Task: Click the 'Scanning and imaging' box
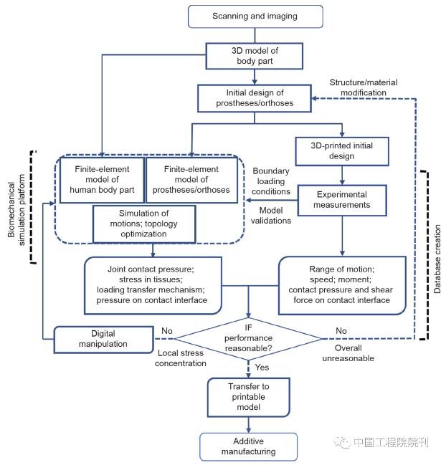pyautogui.click(x=255, y=16)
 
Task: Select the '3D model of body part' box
pyautogui.click(x=255, y=56)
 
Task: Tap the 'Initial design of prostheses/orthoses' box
pyautogui.click(x=255, y=98)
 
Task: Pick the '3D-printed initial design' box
pyautogui.click(x=342, y=151)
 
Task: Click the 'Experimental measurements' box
pyautogui.click(x=342, y=200)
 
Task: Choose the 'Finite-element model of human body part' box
pyautogui.click(x=102, y=180)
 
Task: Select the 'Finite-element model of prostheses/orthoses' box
pyautogui.click(x=191, y=180)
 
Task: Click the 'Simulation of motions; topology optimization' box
pyautogui.click(x=144, y=224)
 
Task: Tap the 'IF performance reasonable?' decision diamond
pyautogui.click(x=248, y=338)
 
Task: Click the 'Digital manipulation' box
pyautogui.click(x=103, y=340)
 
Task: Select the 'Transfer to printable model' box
pyautogui.click(x=248, y=397)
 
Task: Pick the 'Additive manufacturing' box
pyautogui.click(x=248, y=446)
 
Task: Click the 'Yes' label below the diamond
pyautogui.click(x=262, y=368)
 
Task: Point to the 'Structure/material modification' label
pyautogui.click(x=364, y=87)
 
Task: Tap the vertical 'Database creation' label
pyautogui.click(x=437, y=259)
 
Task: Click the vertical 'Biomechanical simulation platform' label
pyautogui.click(x=16, y=210)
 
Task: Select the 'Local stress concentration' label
pyautogui.click(x=181, y=358)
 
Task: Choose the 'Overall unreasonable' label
pyautogui.click(x=348, y=353)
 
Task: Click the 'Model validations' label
pyautogui.click(x=271, y=215)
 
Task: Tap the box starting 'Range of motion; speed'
pyautogui.click(x=342, y=285)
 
